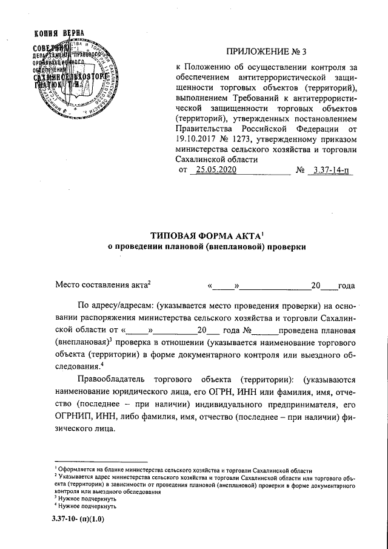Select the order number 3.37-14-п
329,170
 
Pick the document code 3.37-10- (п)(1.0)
78,520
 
